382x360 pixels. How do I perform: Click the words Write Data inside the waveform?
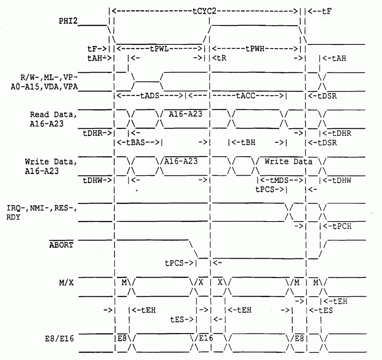[x=288, y=162]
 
